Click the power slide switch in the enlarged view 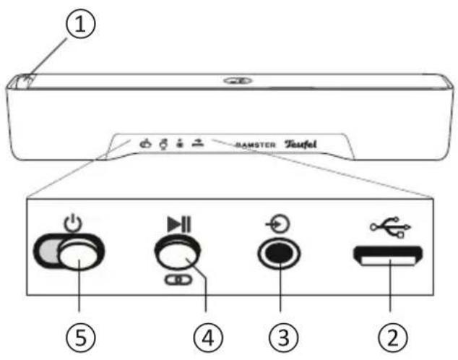point(69,254)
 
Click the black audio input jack point(277,254)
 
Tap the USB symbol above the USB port point(391,226)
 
